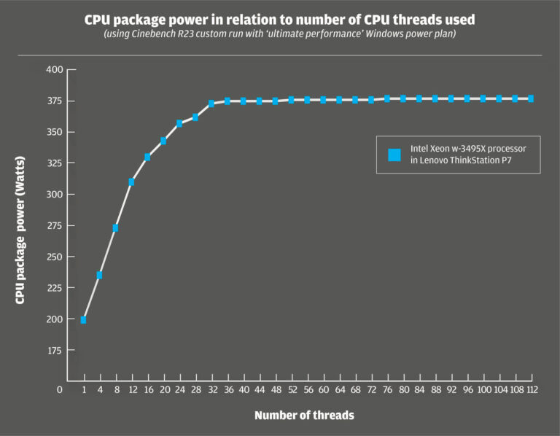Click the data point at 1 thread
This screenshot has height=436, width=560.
84,319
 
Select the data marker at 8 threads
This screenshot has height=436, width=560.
115,228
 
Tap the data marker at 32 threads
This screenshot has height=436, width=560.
211,104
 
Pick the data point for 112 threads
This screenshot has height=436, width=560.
531,98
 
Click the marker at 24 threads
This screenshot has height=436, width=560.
179,123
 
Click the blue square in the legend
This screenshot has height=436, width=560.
394,155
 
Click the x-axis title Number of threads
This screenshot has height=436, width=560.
305,416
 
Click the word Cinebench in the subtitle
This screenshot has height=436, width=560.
170,35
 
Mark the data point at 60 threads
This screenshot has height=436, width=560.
324,100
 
